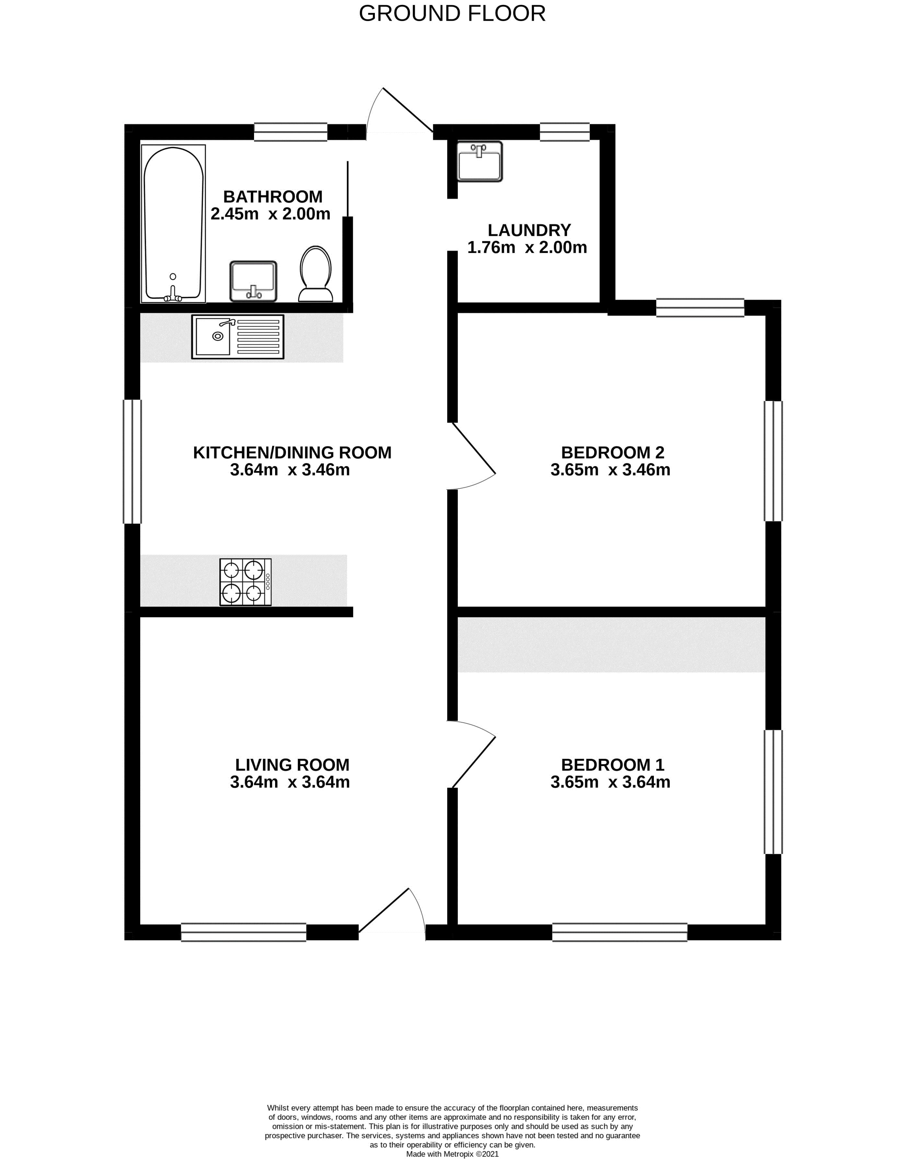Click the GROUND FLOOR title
[x=452, y=13]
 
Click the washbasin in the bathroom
[x=253, y=281]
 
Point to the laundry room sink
[x=480, y=161]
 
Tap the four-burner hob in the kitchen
[x=246, y=582]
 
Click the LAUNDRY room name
[x=529, y=230]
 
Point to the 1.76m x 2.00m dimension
[x=527, y=247]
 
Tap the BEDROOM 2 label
[x=612, y=453]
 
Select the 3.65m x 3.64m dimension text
[x=610, y=782]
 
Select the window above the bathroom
[x=290, y=132]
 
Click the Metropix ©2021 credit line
[x=452, y=1154]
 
